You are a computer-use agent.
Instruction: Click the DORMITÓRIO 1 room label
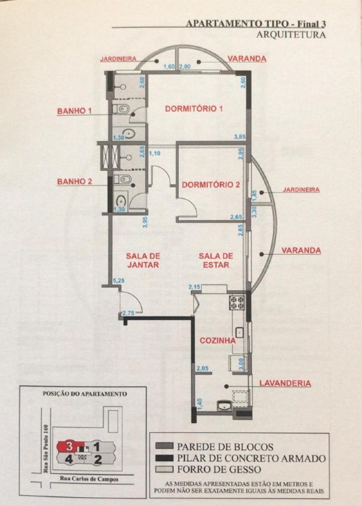click(x=194, y=108)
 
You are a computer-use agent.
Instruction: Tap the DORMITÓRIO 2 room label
click(x=210, y=185)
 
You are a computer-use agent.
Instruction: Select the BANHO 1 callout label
click(x=75, y=111)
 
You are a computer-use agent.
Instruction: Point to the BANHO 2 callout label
click(x=75, y=182)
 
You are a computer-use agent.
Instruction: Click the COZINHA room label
click(x=218, y=340)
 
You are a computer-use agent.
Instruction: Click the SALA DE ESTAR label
click(x=216, y=261)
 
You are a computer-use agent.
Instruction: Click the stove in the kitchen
click(x=238, y=302)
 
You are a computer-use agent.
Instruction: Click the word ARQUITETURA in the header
click(x=292, y=35)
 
